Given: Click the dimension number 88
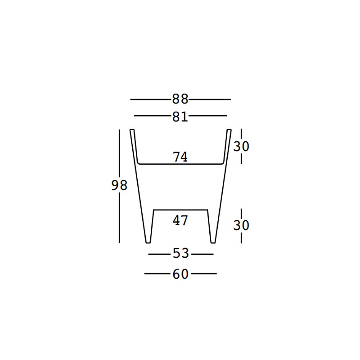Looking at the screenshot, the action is [180, 99].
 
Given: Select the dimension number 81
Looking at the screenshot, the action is [180, 117].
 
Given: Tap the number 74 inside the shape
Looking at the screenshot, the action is [180, 157].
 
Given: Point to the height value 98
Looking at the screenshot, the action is [119, 185].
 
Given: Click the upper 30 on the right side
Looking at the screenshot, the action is [241, 146].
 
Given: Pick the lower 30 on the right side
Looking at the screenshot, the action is [241, 225].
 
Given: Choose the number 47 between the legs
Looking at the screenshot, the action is [180, 220].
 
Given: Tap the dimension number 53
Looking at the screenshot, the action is [181, 253].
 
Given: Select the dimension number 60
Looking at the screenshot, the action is [180, 274].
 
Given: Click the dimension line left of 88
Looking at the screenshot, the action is [151, 99].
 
